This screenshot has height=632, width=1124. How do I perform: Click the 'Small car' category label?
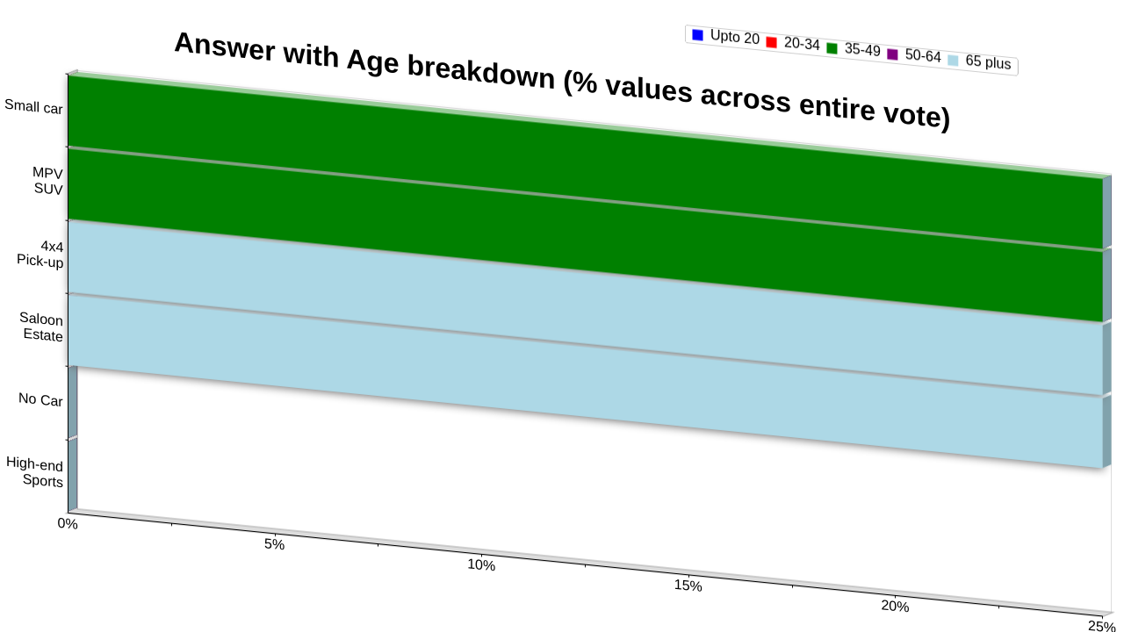[33, 106]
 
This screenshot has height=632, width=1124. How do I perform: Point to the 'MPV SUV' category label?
[48, 181]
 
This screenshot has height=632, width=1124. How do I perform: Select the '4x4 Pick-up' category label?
[40, 254]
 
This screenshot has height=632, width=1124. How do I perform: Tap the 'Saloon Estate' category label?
[41, 327]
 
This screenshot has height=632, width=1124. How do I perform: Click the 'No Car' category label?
[40, 399]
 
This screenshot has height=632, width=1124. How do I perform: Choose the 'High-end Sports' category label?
[34, 472]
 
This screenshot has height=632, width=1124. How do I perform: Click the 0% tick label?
[68, 524]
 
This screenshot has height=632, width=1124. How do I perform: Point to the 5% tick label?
[275, 544]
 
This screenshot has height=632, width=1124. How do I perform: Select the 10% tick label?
[481, 564]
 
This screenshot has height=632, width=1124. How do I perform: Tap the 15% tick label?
[688, 585]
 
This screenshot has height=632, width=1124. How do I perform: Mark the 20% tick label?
[895, 607]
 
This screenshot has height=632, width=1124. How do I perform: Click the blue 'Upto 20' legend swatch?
[697, 35]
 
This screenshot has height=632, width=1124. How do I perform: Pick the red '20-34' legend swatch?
[772, 43]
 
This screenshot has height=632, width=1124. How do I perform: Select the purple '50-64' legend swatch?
[893, 54]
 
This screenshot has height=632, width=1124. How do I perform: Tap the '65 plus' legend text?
[988, 62]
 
